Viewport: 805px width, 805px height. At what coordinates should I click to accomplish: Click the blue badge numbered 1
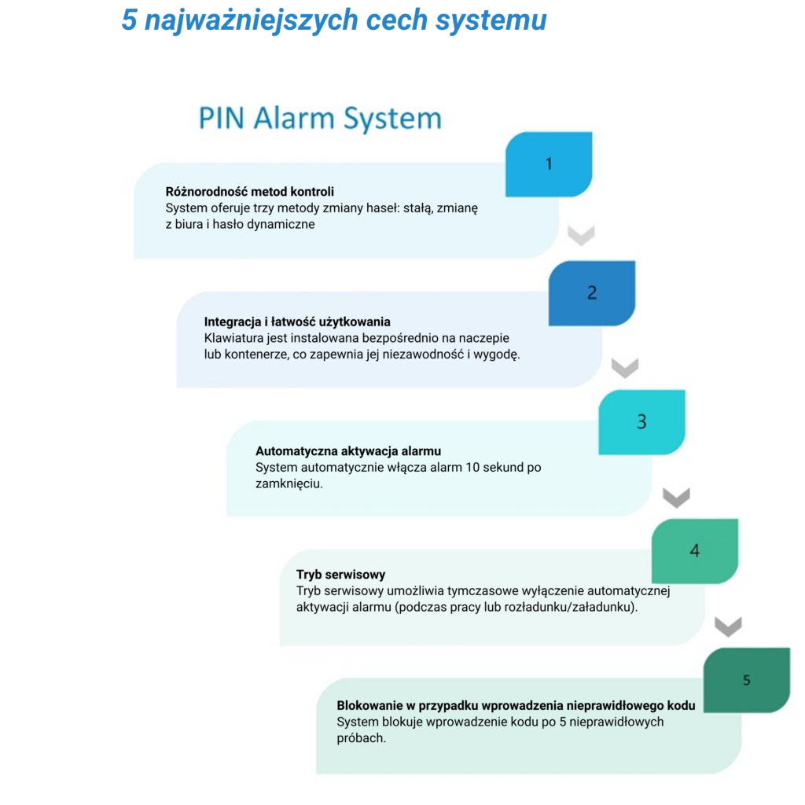[549, 164]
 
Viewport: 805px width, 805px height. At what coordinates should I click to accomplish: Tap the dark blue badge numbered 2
[592, 293]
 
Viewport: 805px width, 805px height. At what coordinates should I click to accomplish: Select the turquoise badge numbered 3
[641, 422]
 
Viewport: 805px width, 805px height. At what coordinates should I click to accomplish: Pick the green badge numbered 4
[695, 551]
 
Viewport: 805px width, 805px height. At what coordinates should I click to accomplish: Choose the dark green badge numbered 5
[747, 680]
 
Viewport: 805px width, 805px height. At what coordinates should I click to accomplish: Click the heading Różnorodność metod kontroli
[249, 192]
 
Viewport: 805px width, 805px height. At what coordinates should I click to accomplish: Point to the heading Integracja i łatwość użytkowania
[297, 322]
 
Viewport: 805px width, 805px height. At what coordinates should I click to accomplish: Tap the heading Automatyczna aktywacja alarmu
[348, 451]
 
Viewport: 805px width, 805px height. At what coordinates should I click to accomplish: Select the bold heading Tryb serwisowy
[340, 575]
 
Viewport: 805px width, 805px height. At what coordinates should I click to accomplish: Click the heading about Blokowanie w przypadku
[516, 705]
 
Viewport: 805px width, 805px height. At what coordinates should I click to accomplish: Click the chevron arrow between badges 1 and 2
[581, 236]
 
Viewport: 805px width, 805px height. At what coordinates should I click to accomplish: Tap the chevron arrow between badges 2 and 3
[625, 368]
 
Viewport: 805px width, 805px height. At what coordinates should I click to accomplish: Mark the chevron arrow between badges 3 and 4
[676, 498]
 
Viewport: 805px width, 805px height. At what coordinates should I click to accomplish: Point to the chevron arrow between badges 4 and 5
[728, 627]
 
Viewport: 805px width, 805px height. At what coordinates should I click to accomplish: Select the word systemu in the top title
[491, 20]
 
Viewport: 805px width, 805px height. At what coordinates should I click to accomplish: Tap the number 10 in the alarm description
[472, 468]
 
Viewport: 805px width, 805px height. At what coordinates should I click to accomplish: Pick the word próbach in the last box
[361, 738]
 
